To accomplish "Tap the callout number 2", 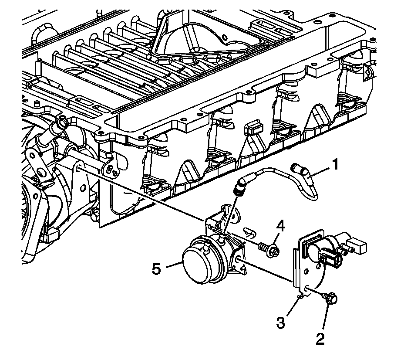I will (x=320, y=339).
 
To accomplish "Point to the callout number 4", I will (x=281, y=226).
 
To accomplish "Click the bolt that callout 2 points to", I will (x=330, y=299).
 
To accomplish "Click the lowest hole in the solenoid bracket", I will (x=308, y=289).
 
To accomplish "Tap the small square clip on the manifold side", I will (x=252, y=128).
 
